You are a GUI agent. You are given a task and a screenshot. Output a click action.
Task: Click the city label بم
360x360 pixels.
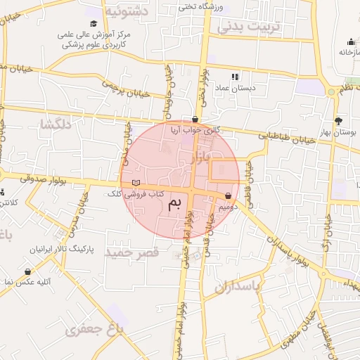click(174, 204)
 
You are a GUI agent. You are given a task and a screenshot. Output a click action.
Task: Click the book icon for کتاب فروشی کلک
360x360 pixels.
click(136, 183)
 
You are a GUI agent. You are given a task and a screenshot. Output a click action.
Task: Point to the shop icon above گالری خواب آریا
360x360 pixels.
click(195, 119)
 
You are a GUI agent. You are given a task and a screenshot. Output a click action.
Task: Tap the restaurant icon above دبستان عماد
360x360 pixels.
click(235, 77)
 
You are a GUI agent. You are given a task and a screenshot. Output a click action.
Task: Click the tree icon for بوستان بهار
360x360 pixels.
click(338, 121)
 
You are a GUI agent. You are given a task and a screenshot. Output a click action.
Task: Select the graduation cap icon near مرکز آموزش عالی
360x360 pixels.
click(93, 24)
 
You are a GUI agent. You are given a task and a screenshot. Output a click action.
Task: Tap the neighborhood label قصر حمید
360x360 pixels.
click(128, 251)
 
